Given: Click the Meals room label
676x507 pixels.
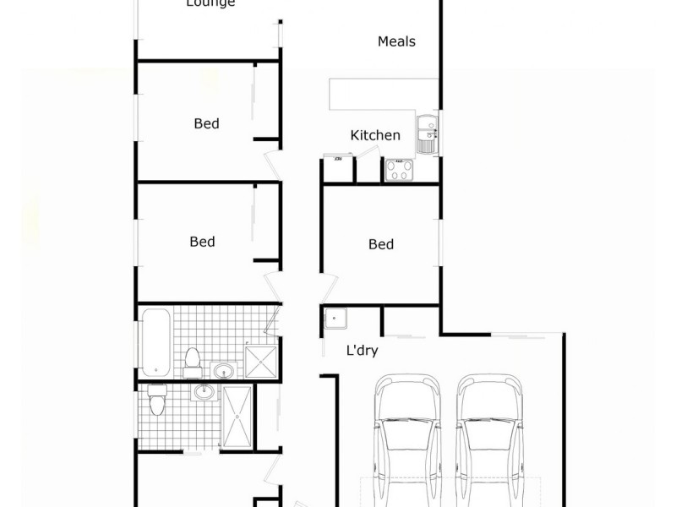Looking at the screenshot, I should click(396, 41).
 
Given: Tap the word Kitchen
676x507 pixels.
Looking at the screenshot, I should click(375, 135).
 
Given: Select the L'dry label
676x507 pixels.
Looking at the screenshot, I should click(362, 351).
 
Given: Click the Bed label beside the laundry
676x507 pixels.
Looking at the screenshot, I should click(381, 244).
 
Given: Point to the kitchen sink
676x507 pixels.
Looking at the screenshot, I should click(427, 135).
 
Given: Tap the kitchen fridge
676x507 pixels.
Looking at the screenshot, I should click(337, 170).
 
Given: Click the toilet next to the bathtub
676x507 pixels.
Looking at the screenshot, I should click(193, 362).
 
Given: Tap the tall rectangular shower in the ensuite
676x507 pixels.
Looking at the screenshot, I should click(237, 417).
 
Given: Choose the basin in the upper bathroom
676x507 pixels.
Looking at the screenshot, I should click(223, 370).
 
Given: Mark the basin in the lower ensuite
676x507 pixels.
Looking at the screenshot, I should click(204, 393).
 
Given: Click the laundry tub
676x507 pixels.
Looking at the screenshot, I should click(337, 321).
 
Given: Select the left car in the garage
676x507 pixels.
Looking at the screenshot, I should click(408, 439).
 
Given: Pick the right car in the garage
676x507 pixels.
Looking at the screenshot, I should click(491, 439).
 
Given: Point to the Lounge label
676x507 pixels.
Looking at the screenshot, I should click(210, 3).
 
